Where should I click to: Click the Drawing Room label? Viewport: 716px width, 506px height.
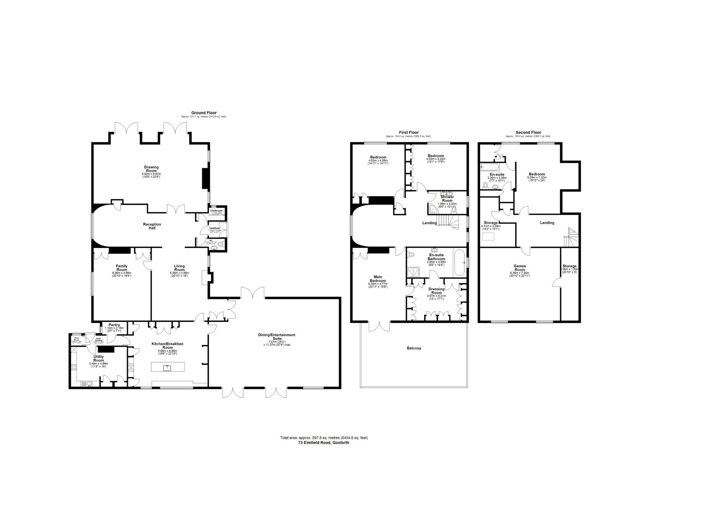(x=151, y=169)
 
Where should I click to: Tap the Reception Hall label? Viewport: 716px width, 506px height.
(x=152, y=226)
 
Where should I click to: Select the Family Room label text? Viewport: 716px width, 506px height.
(x=122, y=268)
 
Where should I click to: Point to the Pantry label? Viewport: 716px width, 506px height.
(x=114, y=325)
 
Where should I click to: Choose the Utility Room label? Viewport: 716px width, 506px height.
(x=98, y=358)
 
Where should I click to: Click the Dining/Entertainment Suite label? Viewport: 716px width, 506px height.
(x=277, y=336)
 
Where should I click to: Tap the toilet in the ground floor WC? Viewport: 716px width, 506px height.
(x=221, y=244)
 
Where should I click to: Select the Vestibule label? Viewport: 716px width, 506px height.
(x=214, y=228)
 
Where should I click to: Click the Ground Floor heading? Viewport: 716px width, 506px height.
(x=204, y=113)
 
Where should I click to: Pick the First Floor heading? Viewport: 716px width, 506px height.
(x=408, y=132)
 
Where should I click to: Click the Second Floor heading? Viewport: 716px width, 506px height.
(x=528, y=132)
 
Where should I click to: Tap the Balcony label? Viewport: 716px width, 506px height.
(x=414, y=348)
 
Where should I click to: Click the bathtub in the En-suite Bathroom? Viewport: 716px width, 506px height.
(x=459, y=263)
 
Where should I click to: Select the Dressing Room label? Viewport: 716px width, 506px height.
(x=436, y=291)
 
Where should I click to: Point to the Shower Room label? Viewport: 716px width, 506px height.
(x=447, y=199)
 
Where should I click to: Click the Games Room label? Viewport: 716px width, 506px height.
(x=519, y=268)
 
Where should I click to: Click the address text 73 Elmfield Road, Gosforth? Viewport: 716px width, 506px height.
(x=324, y=442)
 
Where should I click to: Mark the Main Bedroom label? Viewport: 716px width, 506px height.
(x=378, y=279)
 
